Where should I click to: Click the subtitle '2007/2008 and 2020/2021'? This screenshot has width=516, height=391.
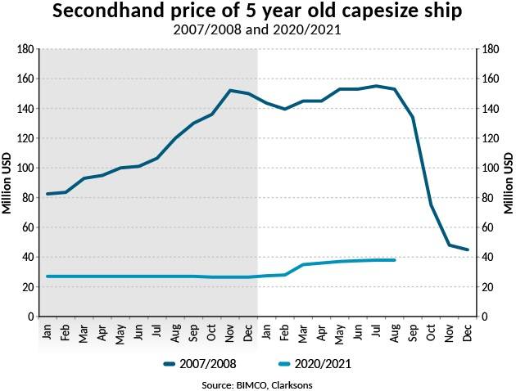(257, 31)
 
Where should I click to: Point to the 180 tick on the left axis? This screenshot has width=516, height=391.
(25, 50)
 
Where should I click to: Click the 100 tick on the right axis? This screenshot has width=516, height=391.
(491, 169)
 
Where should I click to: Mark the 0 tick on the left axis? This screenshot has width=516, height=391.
(30, 317)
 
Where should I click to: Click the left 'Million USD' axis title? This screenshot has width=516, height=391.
(7, 183)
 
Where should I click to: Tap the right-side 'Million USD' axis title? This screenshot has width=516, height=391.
(508, 183)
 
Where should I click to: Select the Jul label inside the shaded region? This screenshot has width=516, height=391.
(156, 330)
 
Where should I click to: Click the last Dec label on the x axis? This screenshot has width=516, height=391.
(468, 330)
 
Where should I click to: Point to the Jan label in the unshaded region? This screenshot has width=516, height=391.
(267, 330)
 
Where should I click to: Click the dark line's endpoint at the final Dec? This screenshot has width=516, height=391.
(468, 250)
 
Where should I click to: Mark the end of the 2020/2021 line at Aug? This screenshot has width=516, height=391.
(395, 260)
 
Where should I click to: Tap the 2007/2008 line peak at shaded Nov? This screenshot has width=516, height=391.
(230, 90)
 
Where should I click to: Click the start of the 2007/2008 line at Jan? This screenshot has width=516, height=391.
(48, 194)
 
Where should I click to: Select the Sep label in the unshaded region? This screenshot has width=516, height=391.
(413, 330)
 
